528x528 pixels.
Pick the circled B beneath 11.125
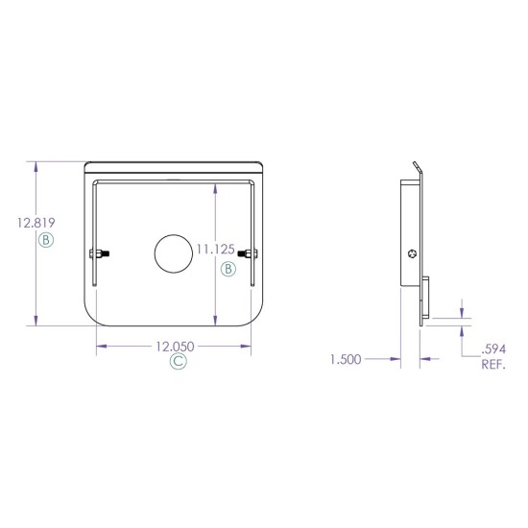[x=228, y=269]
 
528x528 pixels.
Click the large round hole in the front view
[x=173, y=253]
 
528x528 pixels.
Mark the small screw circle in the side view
[x=412, y=253]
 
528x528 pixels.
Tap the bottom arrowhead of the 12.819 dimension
[x=36, y=323]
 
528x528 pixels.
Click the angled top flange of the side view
[x=417, y=170]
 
